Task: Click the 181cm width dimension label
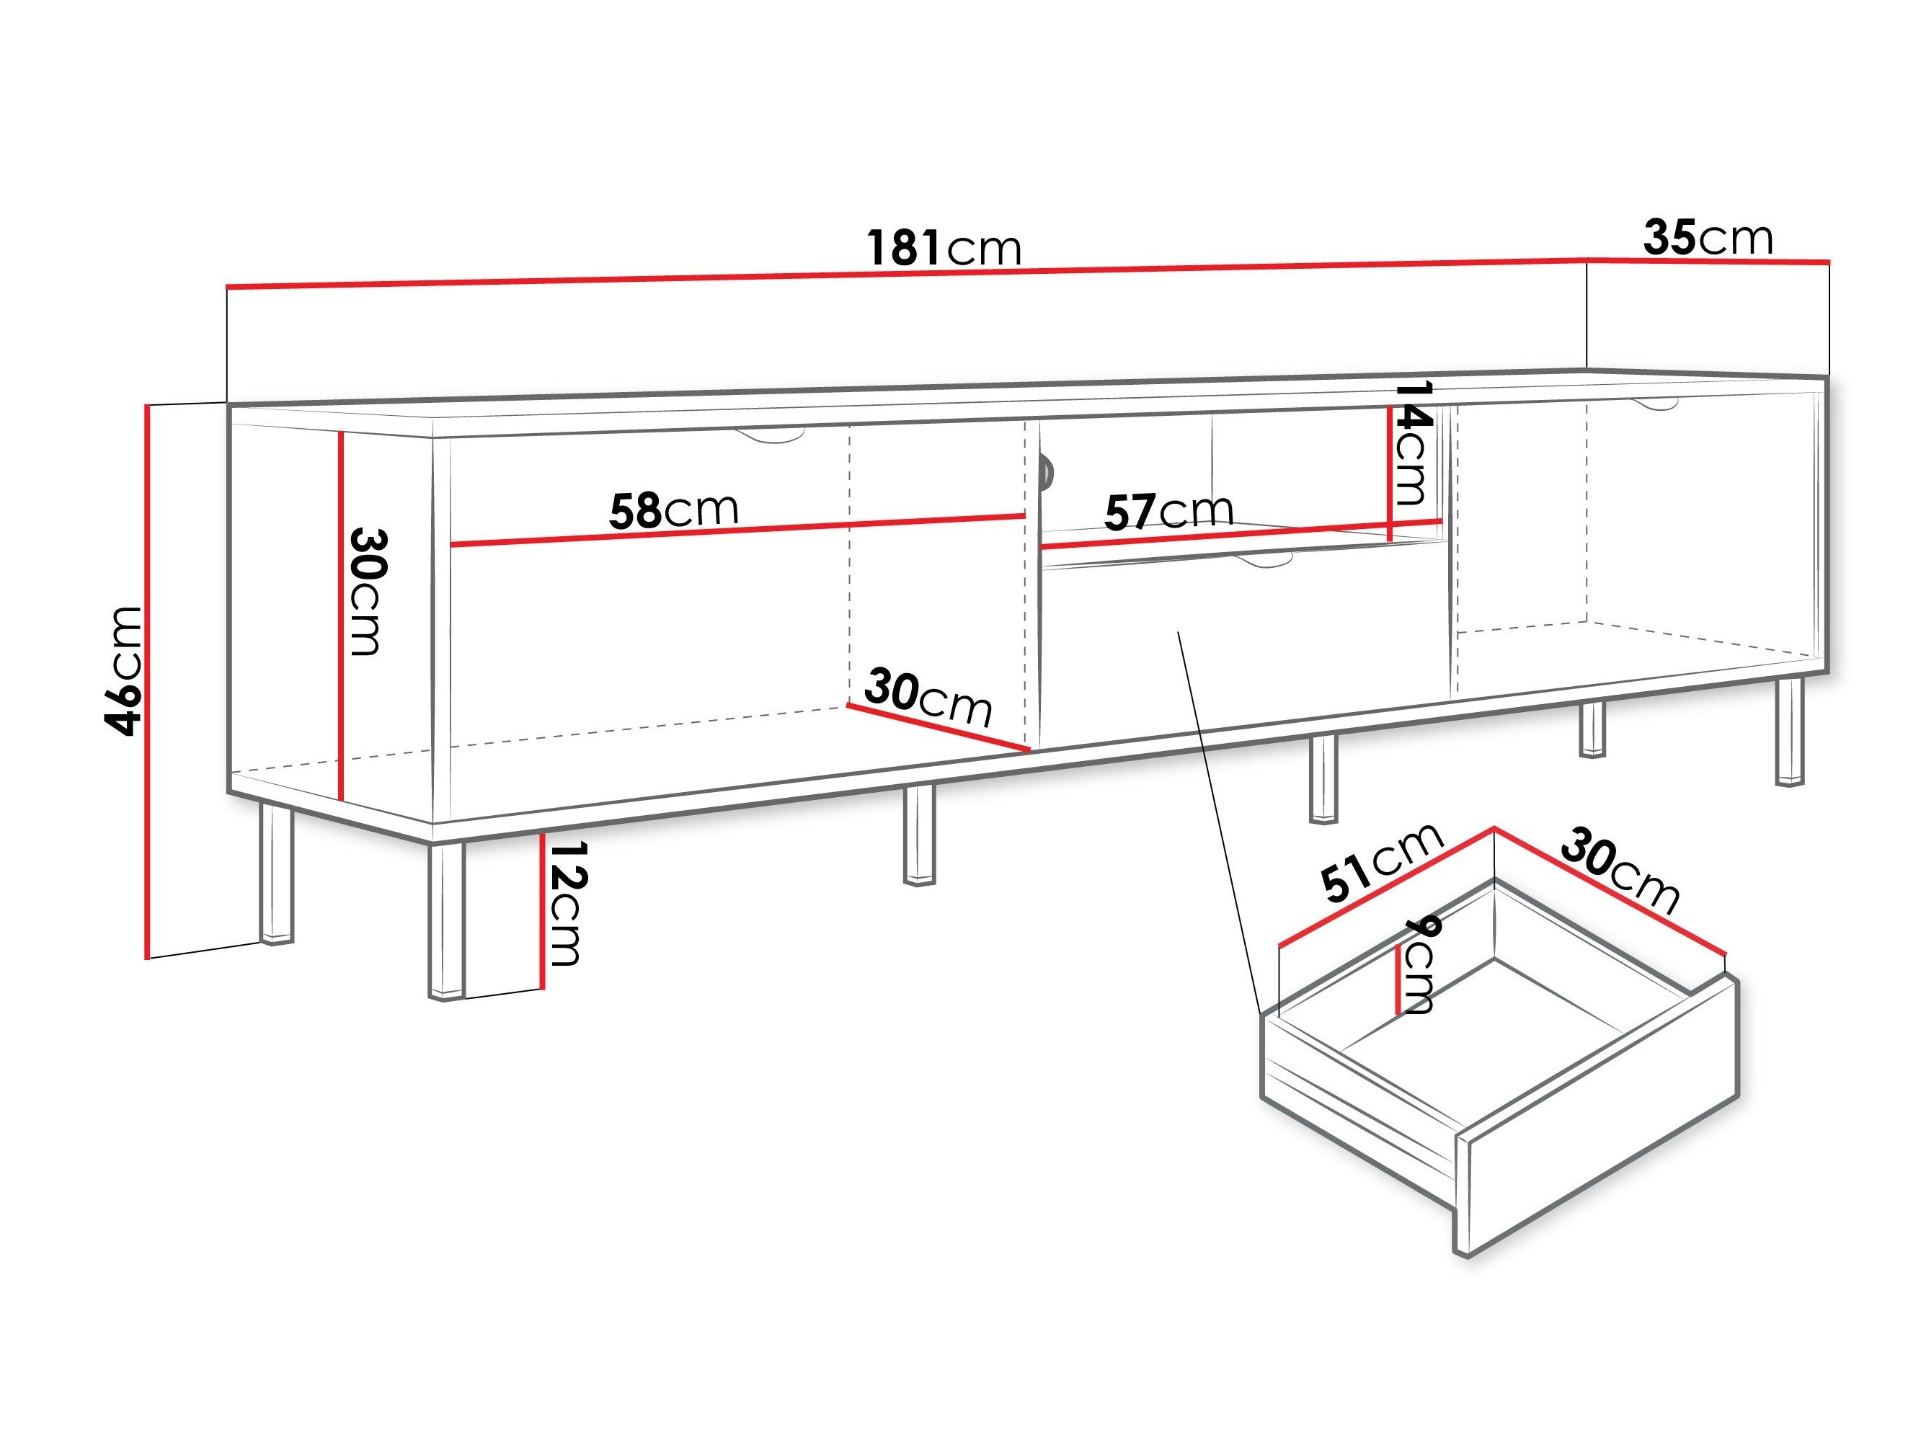tap(945, 247)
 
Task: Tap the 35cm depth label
tap(1708, 237)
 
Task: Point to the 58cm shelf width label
tap(674, 511)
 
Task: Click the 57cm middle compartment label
tap(1169, 511)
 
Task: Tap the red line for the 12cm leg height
tap(542, 910)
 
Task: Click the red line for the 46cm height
tap(148, 681)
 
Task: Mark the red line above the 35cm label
tap(1708, 261)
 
